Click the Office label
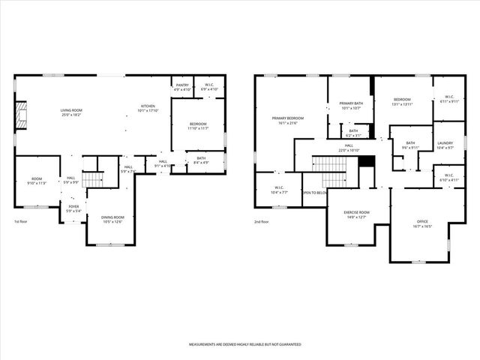click(423, 223)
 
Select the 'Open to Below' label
click(315, 193)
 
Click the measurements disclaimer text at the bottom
click(244, 344)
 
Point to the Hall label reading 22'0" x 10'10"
click(349, 147)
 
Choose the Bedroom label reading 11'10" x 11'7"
click(197, 125)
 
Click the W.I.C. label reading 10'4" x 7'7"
click(278, 190)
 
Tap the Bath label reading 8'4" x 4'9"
click(201, 160)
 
